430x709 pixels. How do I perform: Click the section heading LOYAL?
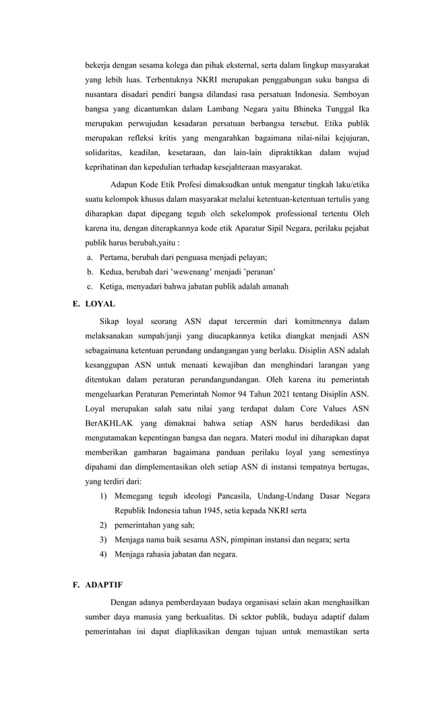(100, 304)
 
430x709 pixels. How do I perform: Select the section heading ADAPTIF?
(104, 584)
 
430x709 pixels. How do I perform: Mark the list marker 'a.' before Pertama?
(90, 258)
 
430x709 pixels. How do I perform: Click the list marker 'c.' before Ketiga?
(90, 287)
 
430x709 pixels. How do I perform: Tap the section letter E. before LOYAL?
(77, 304)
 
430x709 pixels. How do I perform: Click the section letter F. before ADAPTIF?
(77, 584)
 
